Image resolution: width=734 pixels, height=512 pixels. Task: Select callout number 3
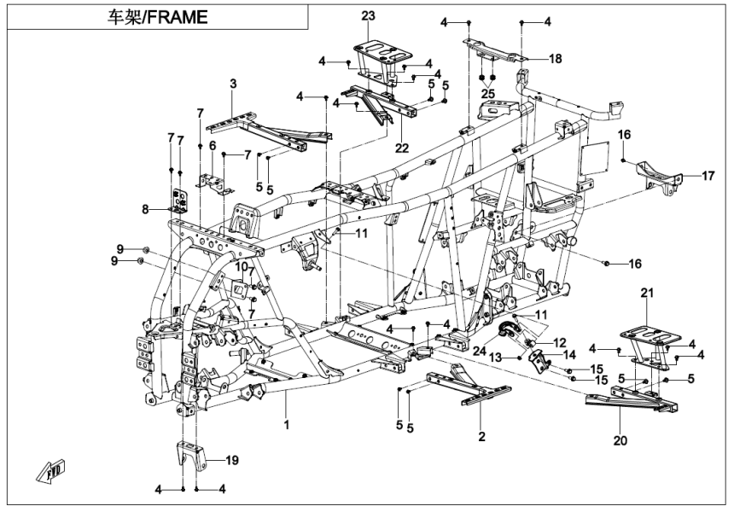click(x=233, y=83)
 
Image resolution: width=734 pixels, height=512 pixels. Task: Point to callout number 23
click(x=368, y=15)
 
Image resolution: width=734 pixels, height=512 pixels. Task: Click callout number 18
click(x=555, y=59)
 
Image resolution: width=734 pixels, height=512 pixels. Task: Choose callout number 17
click(x=708, y=177)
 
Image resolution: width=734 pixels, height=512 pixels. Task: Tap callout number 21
click(x=646, y=294)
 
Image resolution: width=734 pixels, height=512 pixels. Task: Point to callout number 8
click(x=146, y=207)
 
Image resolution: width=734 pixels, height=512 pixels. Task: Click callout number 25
click(x=487, y=92)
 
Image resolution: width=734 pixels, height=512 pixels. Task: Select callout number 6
click(x=213, y=145)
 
